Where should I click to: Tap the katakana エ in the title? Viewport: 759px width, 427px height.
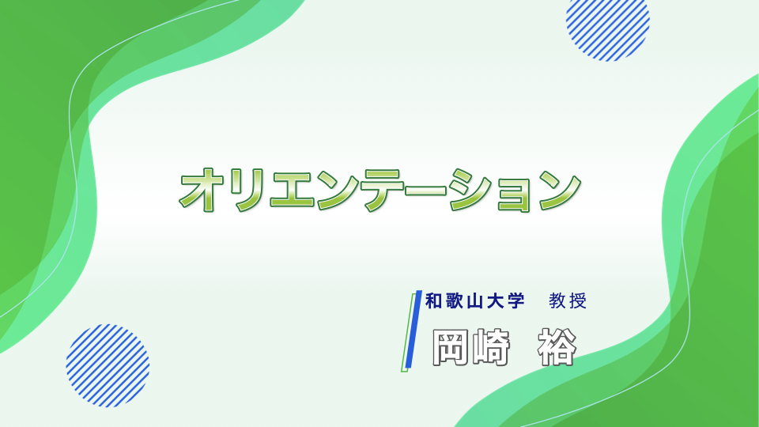[x=292, y=190]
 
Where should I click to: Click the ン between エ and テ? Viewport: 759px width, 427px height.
[x=338, y=191]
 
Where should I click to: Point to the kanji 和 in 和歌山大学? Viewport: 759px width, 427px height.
[x=433, y=301]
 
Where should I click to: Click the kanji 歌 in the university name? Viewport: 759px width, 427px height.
[x=454, y=301]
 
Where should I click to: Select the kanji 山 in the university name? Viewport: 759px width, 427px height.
[x=475, y=301]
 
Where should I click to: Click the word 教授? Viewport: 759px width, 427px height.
[x=568, y=301]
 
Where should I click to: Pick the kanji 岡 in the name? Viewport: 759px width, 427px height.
[x=450, y=346]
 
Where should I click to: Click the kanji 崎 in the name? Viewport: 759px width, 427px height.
[x=491, y=346]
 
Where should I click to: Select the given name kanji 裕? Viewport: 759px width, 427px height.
[x=557, y=346]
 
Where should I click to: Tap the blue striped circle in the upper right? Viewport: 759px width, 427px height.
[x=607, y=28]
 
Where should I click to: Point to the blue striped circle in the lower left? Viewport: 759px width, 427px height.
[x=108, y=365]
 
